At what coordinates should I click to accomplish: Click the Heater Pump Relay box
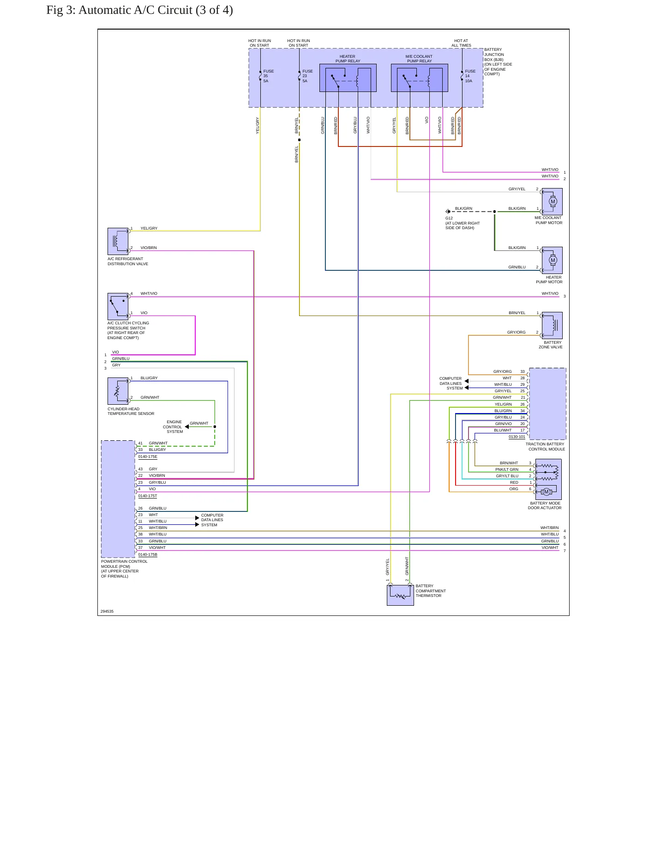(x=348, y=78)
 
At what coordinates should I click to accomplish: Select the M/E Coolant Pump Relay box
(x=419, y=78)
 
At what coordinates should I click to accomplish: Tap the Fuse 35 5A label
(x=268, y=76)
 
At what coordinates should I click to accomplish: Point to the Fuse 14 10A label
(x=470, y=76)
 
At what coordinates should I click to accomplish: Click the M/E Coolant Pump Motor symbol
(x=552, y=201)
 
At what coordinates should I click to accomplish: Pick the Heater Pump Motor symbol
(x=552, y=260)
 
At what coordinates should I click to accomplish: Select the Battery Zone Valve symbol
(x=552, y=325)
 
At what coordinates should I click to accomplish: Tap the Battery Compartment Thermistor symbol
(x=400, y=595)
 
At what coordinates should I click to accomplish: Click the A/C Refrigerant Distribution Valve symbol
(x=118, y=241)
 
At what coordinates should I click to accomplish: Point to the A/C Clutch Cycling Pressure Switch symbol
(x=118, y=306)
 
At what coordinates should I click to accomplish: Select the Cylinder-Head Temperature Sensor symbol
(x=118, y=391)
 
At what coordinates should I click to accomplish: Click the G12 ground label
(x=449, y=218)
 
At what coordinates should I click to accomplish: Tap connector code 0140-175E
(x=148, y=456)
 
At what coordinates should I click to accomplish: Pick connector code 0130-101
(x=517, y=437)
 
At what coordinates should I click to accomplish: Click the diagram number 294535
(x=107, y=611)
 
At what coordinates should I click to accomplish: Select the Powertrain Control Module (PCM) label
(x=124, y=569)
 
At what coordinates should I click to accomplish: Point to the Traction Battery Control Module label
(x=545, y=446)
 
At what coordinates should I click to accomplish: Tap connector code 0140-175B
(x=148, y=554)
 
